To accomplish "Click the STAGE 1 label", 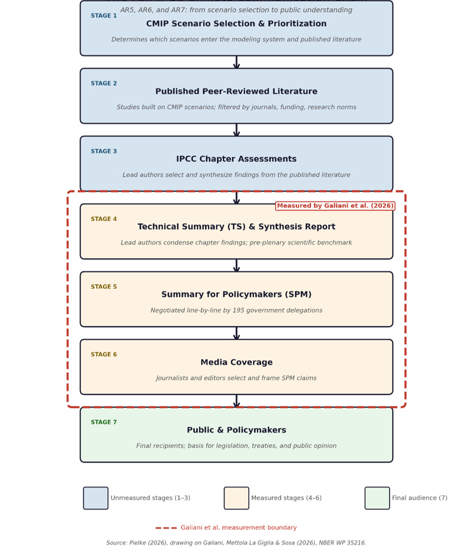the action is [104, 15].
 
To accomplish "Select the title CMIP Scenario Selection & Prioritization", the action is [237, 24].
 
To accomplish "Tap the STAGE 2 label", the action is [104, 83].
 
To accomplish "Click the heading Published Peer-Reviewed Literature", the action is [237, 91].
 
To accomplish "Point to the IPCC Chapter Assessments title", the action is [237, 159].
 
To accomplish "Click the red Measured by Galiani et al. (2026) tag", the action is [335, 206].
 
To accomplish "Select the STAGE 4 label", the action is [104, 219].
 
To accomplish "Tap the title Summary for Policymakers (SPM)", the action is [237, 294].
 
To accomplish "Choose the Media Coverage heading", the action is [237, 362].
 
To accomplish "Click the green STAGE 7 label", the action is [104, 422].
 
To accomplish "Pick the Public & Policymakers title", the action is [237, 430].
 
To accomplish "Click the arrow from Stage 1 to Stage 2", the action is [237, 62].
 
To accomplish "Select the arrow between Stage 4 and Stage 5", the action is [237, 265].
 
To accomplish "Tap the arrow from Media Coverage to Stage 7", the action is [237, 401].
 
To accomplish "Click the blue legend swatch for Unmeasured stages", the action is [96, 498].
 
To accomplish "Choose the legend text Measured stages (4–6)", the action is [287, 498].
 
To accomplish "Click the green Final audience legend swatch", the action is [377, 498].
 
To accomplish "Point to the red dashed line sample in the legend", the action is [166, 528].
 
